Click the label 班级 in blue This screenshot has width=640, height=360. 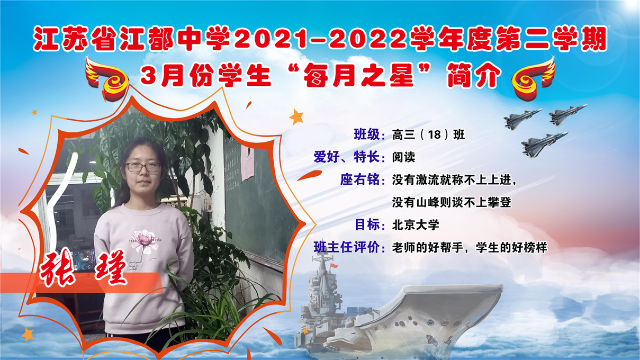[366, 134]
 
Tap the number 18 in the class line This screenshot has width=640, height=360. [435, 134]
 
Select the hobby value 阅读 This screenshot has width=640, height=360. [403, 157]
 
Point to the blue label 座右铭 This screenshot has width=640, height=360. [360, 179]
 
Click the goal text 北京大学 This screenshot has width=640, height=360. [416, 225]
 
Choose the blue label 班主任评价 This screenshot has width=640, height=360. [347, 247]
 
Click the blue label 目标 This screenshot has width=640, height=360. [367, 225]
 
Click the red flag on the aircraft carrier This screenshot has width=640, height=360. [334, 266]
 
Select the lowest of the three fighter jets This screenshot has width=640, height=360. [544, 145]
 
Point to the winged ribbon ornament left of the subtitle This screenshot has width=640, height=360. [106, 78]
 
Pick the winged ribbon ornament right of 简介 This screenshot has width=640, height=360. [534, 78]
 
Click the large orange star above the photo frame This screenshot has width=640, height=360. [296, 116]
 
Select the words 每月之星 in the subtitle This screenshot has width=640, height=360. [359, 75]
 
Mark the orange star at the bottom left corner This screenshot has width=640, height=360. [28, 334]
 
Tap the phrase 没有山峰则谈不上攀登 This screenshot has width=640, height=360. [452, 202]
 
